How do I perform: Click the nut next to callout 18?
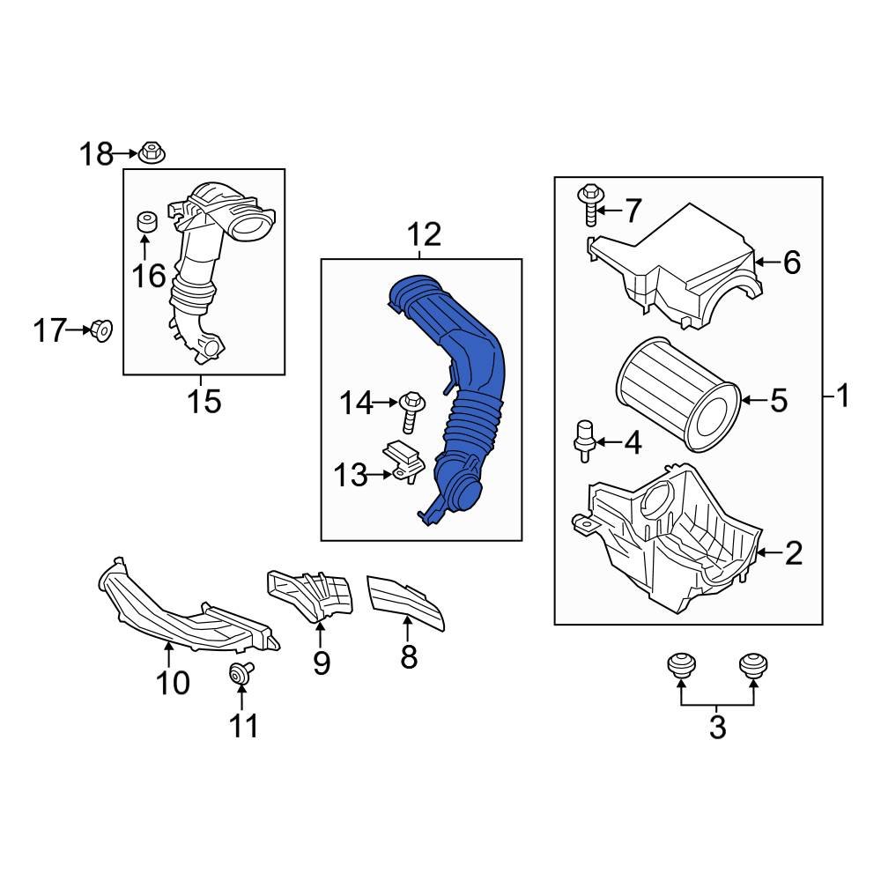152,155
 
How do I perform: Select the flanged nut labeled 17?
101,331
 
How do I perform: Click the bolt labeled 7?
588,204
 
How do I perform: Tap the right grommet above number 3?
751,664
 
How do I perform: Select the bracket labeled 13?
406,463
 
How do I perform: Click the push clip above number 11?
239,674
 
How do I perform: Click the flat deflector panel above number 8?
404,598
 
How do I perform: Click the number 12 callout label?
422,235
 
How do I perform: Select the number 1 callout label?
842,397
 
